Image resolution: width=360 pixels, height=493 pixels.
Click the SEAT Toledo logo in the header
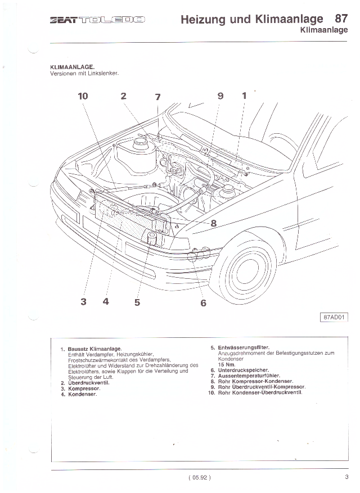click(x=98, y=21)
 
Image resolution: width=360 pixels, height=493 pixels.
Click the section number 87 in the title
click(x=341, y=19)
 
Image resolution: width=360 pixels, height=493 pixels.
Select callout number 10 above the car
click(x=83, y=96)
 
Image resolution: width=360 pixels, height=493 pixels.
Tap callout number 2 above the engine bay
click(x=123, y=96)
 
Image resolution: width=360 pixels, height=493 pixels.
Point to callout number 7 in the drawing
click(x=157, y=97)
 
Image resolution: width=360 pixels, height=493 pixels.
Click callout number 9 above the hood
click(x=220, y=96)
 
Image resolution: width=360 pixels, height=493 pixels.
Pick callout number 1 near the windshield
click(x=244, y=96)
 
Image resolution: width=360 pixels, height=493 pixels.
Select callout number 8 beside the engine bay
click(x=213, y=223)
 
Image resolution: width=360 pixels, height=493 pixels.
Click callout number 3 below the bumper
click(x=83, y=301)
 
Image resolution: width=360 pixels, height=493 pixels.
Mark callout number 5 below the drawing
click(x=137, y=302)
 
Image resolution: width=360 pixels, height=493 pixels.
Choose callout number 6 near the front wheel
click(x=203, y=303)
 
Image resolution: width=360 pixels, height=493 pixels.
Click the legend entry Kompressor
click(x=84, y=388)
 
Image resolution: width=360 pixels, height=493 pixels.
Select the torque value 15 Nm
click(x=225, y=364)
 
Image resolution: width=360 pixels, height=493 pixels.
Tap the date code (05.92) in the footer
click(x=200, y=478)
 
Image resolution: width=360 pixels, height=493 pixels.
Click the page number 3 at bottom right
click(x=346, y=478)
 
